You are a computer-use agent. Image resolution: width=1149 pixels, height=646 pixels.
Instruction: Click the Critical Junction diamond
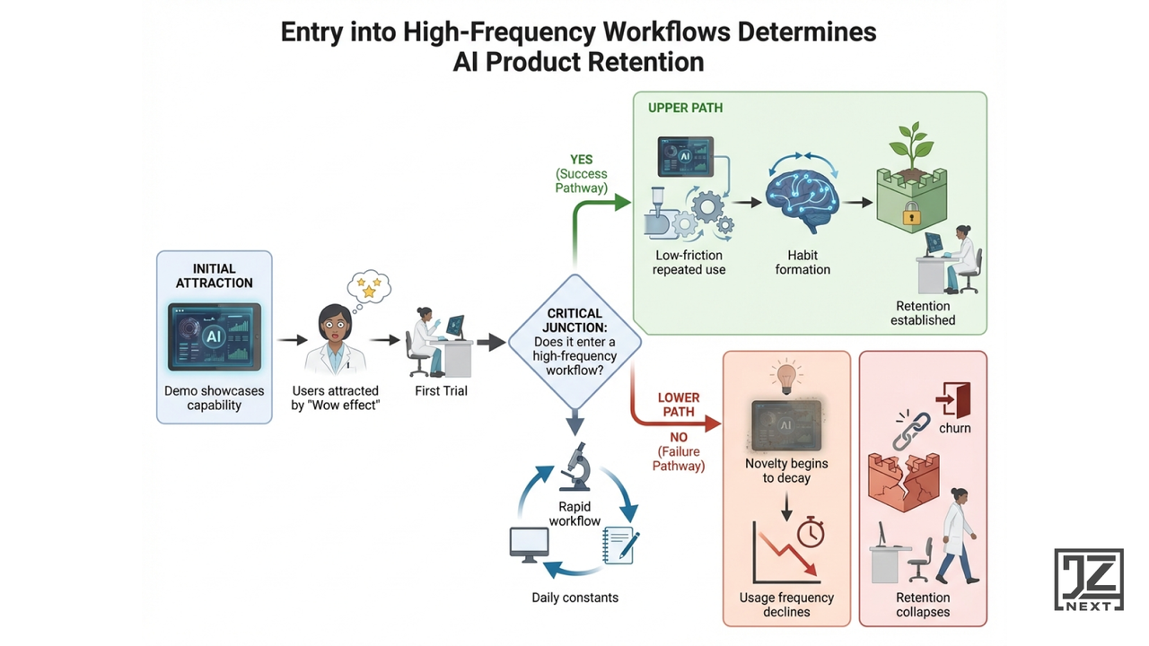[574, 342]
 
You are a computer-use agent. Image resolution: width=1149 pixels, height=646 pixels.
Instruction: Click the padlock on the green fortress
[912, 214]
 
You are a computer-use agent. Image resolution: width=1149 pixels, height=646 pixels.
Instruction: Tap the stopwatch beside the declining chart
[811, 531]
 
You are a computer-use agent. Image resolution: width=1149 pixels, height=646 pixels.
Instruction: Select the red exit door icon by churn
[952, 398]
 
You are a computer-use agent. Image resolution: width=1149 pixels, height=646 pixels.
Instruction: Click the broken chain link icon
[910, 430]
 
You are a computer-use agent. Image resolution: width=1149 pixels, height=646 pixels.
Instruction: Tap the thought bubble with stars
[367, 288]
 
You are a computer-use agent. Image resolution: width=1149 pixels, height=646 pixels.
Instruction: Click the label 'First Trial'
[441, 391]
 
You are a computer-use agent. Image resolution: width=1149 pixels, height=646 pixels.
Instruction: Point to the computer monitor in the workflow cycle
[529, 544]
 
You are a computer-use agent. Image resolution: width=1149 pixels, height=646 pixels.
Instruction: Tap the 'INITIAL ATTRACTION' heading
[214, 275]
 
